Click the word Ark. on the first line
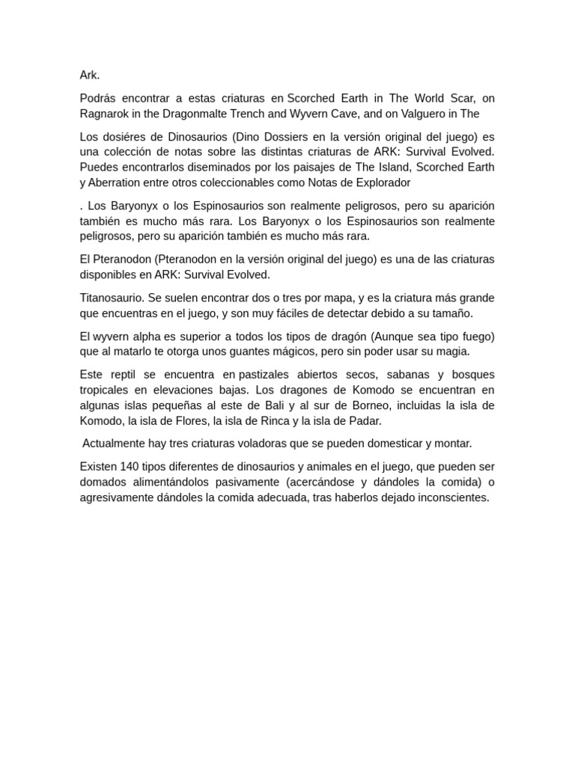[90, 75]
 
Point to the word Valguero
[412, 114]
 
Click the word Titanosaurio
[112, 298]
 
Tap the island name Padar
[365, 420]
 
